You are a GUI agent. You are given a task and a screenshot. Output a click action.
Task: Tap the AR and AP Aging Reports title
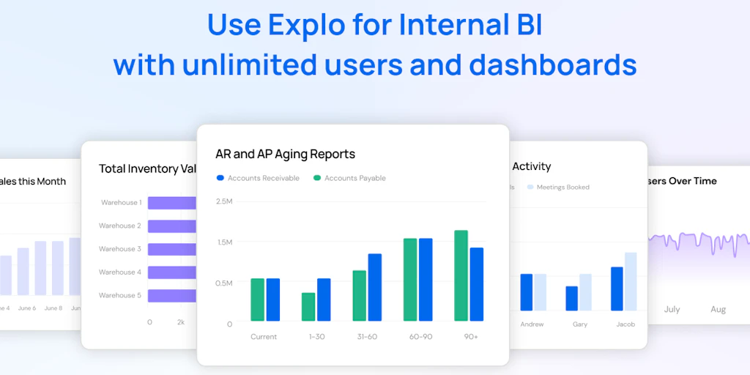pyautogui.click(x=285, y=154)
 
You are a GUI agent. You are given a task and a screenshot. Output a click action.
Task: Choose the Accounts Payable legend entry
pyautogui.click(x=349, y=178)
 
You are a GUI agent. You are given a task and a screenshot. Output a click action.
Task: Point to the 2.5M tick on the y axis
pyautogui.click(x=223, y=201)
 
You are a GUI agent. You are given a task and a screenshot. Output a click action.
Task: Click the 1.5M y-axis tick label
pyautogui.click(x=223, y=242)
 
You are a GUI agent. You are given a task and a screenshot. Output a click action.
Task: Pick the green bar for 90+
pyautogui.click(x=461, y=275)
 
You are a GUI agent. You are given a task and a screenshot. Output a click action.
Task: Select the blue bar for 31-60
pyautogui.click(x=375, y=287)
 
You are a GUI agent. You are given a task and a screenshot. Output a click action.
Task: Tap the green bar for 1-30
pyautogui.click(x=308, y=307)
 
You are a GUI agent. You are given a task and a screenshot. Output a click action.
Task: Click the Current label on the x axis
pyautogui.click(x=264, y=337)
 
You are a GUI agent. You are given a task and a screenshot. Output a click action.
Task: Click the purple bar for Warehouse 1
pyautogui.click(x=172, y=203)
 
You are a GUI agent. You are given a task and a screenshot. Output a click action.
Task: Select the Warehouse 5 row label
pyautogui.click(x=120, y=295)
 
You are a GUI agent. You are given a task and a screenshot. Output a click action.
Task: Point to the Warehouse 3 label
pyautogui.click(x=120, y=249)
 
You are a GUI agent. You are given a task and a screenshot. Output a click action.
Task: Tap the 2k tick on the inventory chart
pyautogui.click(x=181, y=322)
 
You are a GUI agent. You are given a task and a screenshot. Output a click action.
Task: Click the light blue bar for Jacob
pyautogui.click(x=631, y=282)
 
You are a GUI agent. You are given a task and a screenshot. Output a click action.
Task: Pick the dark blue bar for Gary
pyautogui.click(x=572, y=298)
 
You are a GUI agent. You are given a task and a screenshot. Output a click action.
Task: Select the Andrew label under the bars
pyautogui.click(x=532, y=324)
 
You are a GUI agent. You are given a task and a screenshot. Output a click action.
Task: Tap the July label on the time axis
pyautogui.click(x=672, y=310)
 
